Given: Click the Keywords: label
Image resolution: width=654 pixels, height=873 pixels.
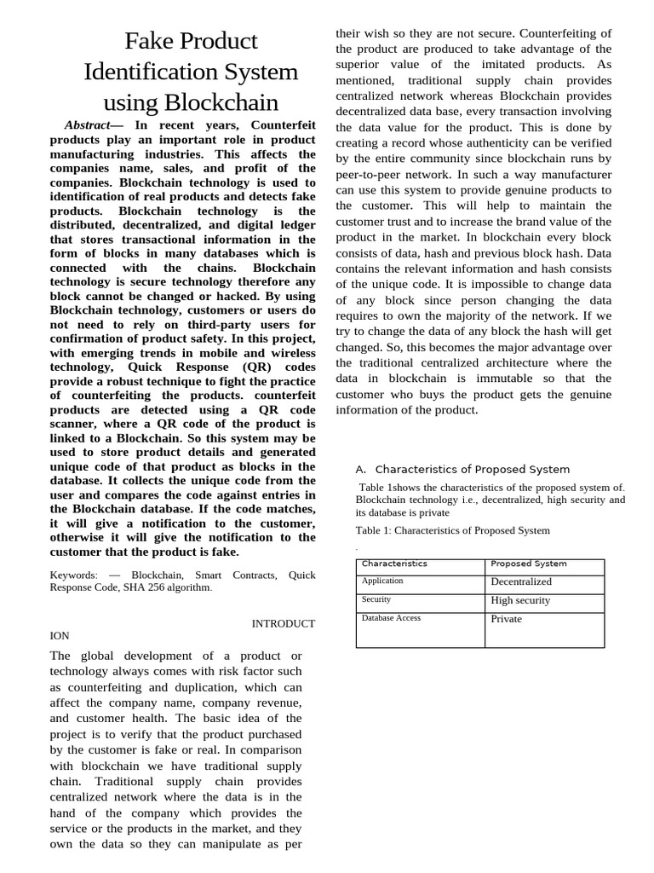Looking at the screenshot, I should (x=74, y=575).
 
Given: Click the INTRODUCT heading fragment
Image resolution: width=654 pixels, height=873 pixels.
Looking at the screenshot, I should (x=283, y=623).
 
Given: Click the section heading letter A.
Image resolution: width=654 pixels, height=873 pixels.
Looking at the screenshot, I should (x=359, y=469).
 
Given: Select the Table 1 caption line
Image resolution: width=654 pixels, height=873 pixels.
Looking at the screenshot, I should (x=452, y=530).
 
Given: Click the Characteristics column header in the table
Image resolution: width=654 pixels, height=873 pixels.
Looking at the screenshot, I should (x=394, y=564).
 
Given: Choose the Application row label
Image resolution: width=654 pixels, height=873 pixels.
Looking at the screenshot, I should (x=382, y=581).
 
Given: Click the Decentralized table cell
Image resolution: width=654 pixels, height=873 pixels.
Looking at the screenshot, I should (x=521, y=581).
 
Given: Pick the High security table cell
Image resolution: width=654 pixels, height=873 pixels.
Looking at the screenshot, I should (x=520, y=600).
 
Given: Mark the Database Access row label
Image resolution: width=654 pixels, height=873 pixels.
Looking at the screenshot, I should (x=391, y=618).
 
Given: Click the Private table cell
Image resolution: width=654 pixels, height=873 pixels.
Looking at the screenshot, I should (x=506, y=619).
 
